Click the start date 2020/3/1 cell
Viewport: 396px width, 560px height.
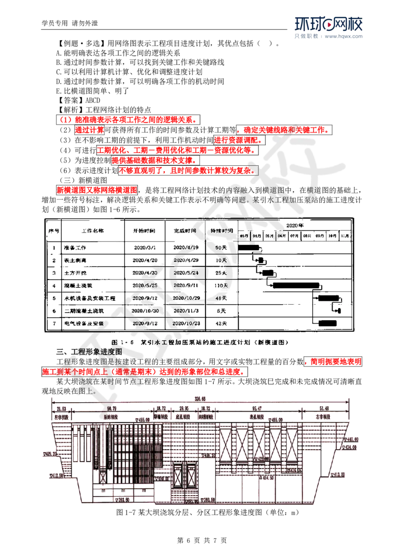pos(146,247)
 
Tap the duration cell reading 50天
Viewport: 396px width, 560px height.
pos(221,247)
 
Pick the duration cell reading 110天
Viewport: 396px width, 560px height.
pos(221,285)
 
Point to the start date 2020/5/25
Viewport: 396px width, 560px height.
pos(146,285)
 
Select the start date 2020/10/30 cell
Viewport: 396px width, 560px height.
pos(146,311)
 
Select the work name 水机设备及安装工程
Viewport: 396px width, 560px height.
pos(90,298)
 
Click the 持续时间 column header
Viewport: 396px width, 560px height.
pos(221,231)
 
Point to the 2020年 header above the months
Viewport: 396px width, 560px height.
pos(295,225)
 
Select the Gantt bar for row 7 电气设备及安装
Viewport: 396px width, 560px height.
pos(327,324)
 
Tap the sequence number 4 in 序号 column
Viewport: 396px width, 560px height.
pos(53,285)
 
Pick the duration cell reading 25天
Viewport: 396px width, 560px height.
pos(221,273)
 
